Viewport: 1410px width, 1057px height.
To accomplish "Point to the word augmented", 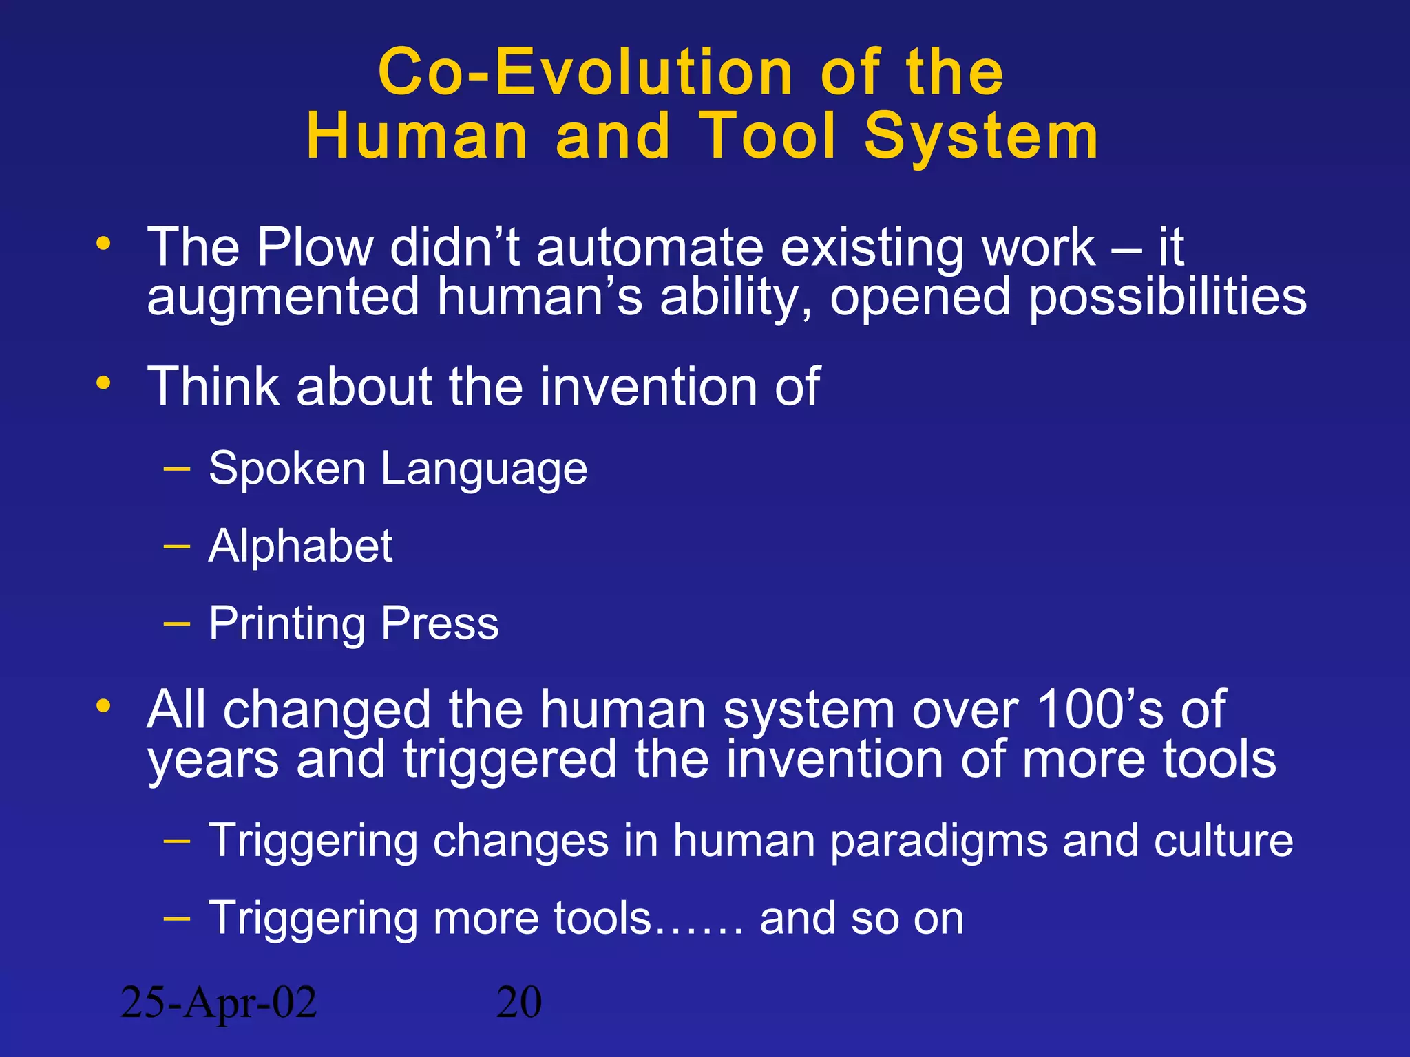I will tap(283, 297).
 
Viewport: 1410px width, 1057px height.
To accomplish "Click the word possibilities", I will tap(1168, 297).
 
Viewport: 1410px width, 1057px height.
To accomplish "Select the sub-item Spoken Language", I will tap(398, 469).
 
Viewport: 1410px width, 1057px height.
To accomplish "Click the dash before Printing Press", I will tap(177, 623).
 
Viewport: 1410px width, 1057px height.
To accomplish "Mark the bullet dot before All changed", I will tap(103, 705).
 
